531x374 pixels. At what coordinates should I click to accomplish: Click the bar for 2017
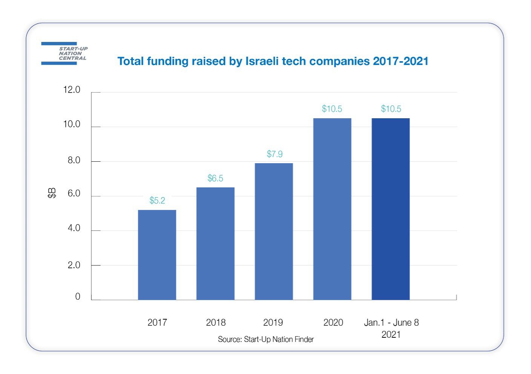[157, 255]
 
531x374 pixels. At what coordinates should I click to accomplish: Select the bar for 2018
[215, 244]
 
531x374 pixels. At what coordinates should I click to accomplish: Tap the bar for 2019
[274, 232]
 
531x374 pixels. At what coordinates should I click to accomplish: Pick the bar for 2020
[332, 209]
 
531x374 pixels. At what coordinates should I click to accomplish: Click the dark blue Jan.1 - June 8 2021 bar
[391, 209]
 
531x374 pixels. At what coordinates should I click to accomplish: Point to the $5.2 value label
[157, 201]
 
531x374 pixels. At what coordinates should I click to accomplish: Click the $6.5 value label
[215, 178]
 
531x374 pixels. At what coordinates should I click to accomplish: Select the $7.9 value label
[275, 154]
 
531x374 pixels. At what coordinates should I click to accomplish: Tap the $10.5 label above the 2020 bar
[332, 109]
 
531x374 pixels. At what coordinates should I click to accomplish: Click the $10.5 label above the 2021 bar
[391, 109]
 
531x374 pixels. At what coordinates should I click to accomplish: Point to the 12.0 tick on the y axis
[72, 90]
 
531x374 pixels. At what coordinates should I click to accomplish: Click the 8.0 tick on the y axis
[74, 160]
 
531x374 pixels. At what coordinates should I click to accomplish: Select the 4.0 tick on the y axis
[74, 228]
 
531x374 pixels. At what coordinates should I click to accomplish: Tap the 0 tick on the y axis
[78, 297]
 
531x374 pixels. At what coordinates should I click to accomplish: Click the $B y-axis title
[52, 193]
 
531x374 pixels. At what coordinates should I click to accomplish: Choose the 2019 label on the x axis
[273, 323]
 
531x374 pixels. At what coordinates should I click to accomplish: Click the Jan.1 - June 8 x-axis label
[391, 323]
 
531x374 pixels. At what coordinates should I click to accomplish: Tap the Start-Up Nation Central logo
[64, 54]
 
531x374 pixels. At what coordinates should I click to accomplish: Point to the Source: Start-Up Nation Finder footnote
[265, 339]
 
